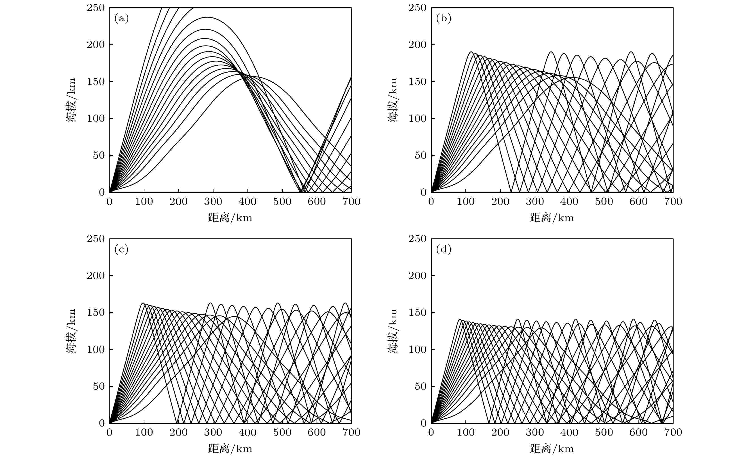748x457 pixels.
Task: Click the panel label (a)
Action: [121, 19]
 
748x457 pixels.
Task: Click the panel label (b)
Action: [444, 19]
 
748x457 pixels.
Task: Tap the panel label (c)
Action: [121, 250]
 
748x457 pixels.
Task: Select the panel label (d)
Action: [444, 250]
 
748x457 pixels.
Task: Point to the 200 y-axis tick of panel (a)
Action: [96, 45]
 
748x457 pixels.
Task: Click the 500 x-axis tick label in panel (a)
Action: [282, 202]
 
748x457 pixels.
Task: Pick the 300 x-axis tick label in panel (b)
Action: [535, 202]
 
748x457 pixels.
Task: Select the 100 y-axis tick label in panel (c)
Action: [96, 349]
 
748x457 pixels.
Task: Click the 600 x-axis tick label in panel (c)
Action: [317, 432]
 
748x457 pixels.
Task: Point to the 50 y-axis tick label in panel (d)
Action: [420, 386]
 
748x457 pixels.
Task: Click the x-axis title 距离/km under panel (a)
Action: [230, 218]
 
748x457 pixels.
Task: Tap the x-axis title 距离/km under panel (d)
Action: [552, 449]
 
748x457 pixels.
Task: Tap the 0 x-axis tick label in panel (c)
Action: [110, 432]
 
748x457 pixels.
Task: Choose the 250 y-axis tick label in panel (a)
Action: [96, 8]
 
